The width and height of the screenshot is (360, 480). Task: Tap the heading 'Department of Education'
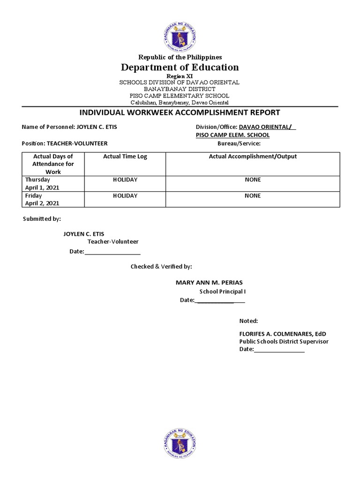click(x=180, y=67)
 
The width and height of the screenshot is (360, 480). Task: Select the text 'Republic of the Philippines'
click(x=180, y=57)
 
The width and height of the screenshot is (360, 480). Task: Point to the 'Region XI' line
click(x=180, y=76)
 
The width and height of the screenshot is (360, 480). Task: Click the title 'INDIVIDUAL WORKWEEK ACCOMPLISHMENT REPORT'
click(x=180, y=112)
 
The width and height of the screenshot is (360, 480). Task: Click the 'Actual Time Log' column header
click(x=125, y=157)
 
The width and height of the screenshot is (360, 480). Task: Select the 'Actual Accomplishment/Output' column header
click(x=253, y=157)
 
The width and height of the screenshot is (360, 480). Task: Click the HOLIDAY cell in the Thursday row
click(x=125, y=180)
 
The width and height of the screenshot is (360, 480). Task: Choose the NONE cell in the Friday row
click(x=253, y=195)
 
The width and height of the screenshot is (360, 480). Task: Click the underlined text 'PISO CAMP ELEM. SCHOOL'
click(x=232, y=135)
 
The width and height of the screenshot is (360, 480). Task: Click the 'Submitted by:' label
click(x=42, y=219)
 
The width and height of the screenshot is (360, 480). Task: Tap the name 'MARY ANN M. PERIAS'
click(x=209, y=283)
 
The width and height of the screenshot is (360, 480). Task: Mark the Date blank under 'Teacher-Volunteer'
click(x=112, y=252)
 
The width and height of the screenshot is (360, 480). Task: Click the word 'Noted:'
click(x=248, y=321)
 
